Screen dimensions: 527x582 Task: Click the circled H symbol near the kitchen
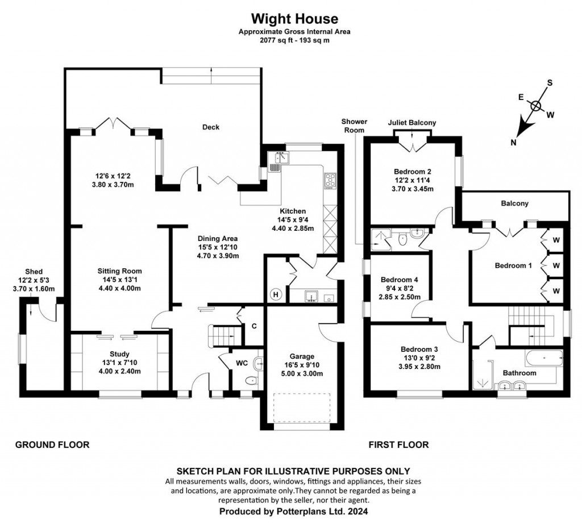pos(276,294)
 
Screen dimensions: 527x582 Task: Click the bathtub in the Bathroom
pos(543,358)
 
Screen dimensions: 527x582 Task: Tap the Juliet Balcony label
pos(411,122)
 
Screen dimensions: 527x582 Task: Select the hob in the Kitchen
pos(330,180)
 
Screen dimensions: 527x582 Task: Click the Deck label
pos(211,127)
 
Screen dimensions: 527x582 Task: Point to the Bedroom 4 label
pos(399,280)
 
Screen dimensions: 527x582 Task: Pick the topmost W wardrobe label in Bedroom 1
pos(556,239)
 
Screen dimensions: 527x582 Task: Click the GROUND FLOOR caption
pos(52,445)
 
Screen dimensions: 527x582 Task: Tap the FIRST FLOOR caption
pos(398,445)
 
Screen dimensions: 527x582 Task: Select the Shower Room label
pos(354,126)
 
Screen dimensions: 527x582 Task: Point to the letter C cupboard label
pos(253,326)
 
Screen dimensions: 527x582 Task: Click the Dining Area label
pos(217,238)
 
